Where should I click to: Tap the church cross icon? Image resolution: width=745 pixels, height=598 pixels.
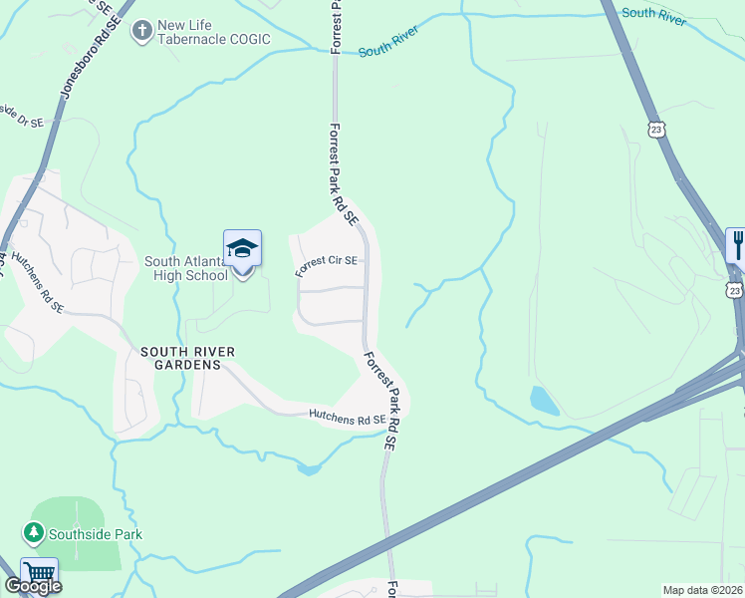tap(142, 31)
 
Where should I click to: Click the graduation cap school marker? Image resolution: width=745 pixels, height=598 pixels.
tap(243, 248)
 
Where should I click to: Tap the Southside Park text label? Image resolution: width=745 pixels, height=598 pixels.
tap(98, 534)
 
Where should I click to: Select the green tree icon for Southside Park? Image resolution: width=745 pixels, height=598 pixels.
tap(34, 534)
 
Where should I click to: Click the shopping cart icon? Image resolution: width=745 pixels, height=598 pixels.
tap(39, 572)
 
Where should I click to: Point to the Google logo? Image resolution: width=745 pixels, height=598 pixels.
tap(34, 586)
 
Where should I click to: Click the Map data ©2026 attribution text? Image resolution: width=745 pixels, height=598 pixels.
tap(702, 590)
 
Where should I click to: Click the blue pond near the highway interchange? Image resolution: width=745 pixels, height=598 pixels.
tap(545, 401)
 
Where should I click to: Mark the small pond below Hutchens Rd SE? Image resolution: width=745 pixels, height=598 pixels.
tap(308, 466)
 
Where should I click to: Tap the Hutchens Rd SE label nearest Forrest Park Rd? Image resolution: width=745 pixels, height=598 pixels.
tap(347, 420)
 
